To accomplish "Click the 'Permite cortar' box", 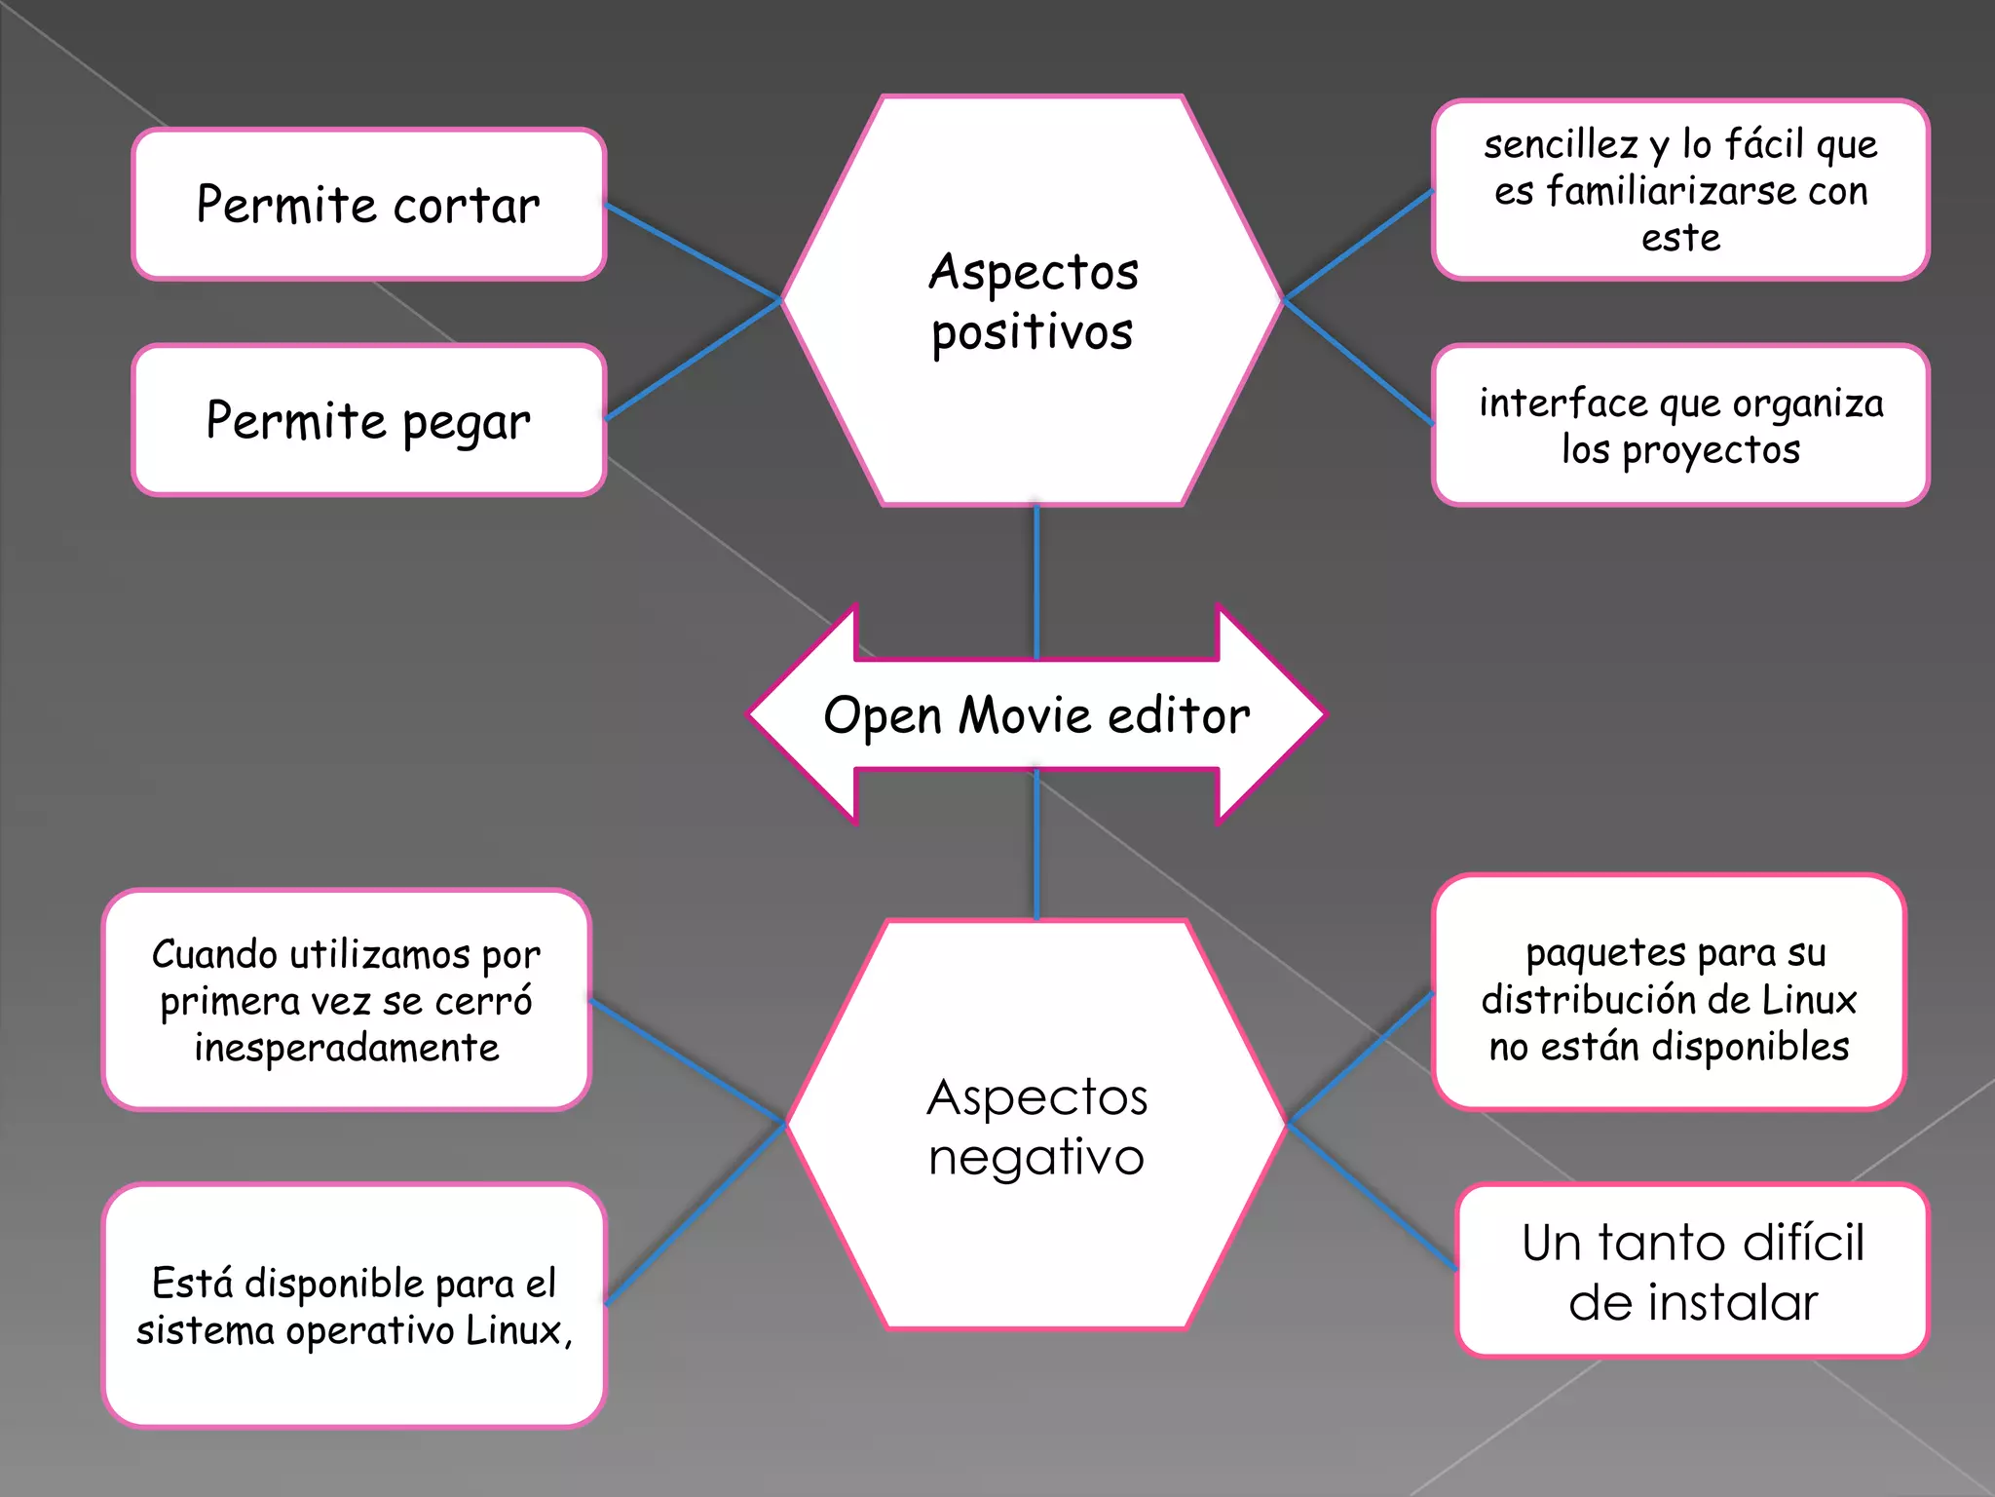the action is [368, 205].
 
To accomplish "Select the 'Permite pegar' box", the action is [368, 421].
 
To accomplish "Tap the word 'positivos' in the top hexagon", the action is [1032, 333].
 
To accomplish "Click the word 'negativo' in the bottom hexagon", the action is [1035, 1159].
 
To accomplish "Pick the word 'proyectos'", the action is [1711, 450].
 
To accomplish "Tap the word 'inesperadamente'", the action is [347, 1048].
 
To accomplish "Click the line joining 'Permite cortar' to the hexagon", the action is [693, 250].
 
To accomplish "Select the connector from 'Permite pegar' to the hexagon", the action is [693, 360].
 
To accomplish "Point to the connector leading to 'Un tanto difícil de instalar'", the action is [1373, 1197].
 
